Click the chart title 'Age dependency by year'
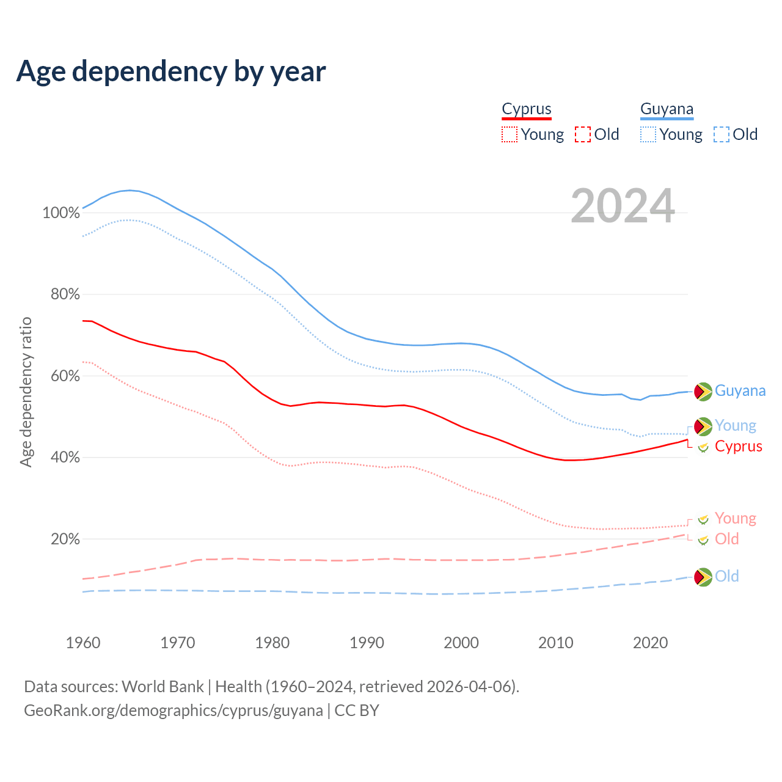point(171,71)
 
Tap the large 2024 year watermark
point(623,206)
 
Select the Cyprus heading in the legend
point(527,109)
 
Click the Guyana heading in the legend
point(667,109)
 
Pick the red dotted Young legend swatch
point(509,134)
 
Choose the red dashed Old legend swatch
point(583,134)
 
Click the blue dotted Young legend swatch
point(648,134)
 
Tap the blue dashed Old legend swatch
point(722,134)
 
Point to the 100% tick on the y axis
point(61,213)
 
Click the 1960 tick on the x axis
point(83,643)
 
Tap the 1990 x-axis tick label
point(367,643)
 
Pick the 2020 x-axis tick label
point(651,643)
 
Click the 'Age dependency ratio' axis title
point(26,392)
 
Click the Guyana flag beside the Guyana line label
point(703,391)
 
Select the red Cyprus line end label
point(739,447)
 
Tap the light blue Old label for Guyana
point(727,576)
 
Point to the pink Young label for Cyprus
point(736,519)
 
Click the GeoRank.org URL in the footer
point(174,711)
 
